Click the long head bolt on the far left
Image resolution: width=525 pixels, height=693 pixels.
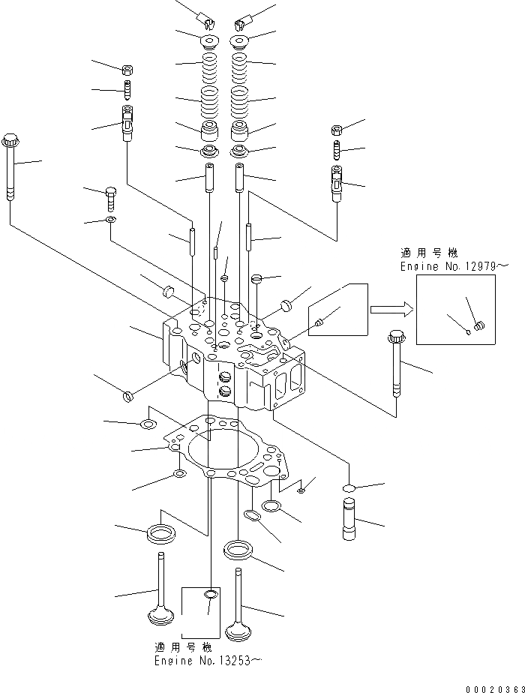click(10, 169)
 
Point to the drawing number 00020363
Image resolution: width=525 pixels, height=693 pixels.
click(493, 688)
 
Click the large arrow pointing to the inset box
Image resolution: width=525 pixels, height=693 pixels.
click(389, 307)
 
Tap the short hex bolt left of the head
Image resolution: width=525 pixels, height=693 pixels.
click(111, 199)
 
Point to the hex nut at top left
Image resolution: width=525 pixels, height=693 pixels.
click(127, 70)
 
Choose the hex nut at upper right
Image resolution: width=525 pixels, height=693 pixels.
click(337, 128)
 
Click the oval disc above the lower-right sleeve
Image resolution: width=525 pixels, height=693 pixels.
click(349, 487)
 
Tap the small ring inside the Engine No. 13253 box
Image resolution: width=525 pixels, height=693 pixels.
click(211, 595)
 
